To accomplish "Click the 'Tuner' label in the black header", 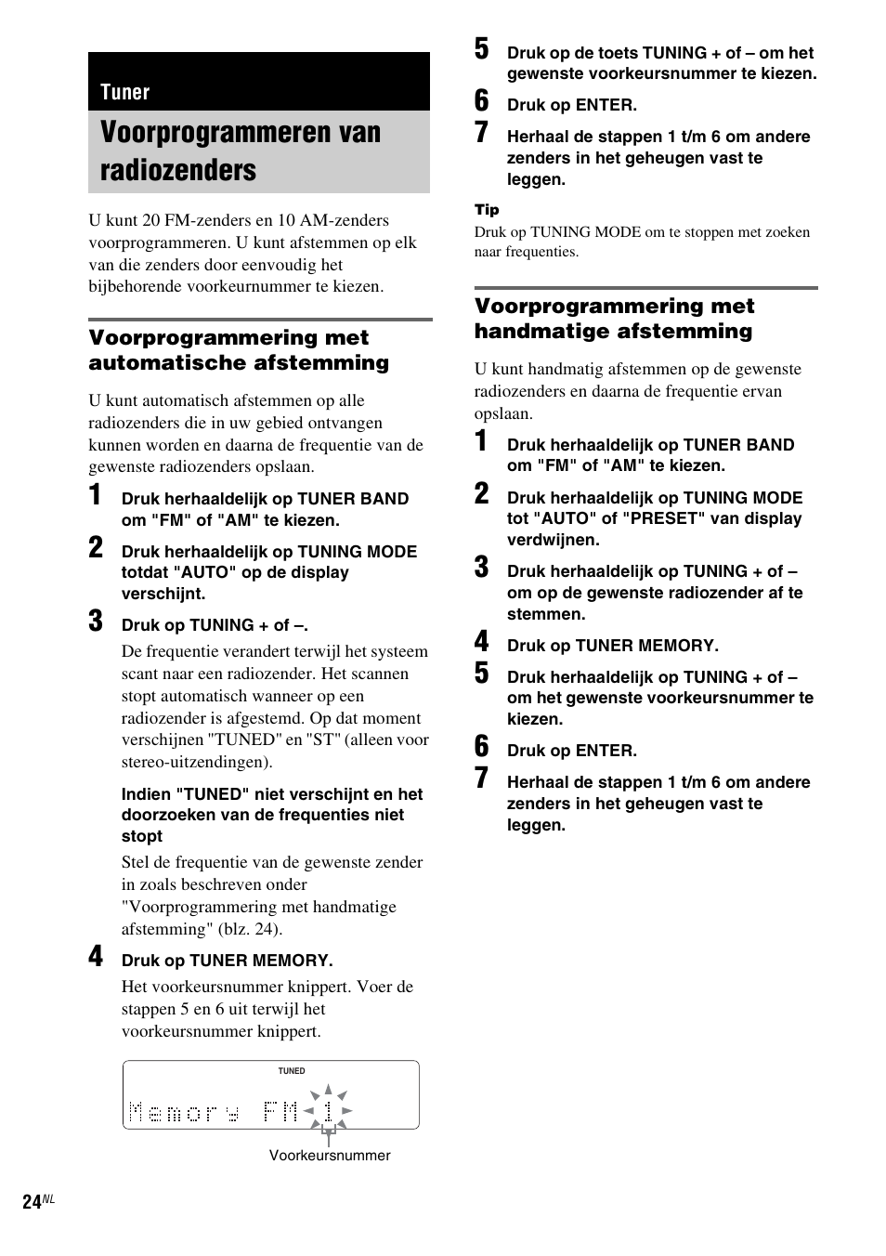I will tap(124, 92).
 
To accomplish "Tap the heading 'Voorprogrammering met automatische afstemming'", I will tap(239, 350).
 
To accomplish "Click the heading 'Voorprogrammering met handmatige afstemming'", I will tap(614, 319).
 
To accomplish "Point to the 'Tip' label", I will tap(487, 210).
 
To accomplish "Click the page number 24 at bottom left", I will tap(32, 1202).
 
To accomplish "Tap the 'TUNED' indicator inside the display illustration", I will tap(292, 1071).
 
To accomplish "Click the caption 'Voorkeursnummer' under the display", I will tap(330, 1156).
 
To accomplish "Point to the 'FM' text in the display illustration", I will tap(280, 1111).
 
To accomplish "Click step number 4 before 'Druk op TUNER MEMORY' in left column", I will tap(97, 957).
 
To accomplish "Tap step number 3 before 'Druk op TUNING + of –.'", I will tap(97, 621).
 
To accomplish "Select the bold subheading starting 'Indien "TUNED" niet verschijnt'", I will tap(271, 815).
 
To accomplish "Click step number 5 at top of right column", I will tap(481, 49).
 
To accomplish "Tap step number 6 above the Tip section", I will tap(481, 101).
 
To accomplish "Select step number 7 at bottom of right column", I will tap(481, 778).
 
